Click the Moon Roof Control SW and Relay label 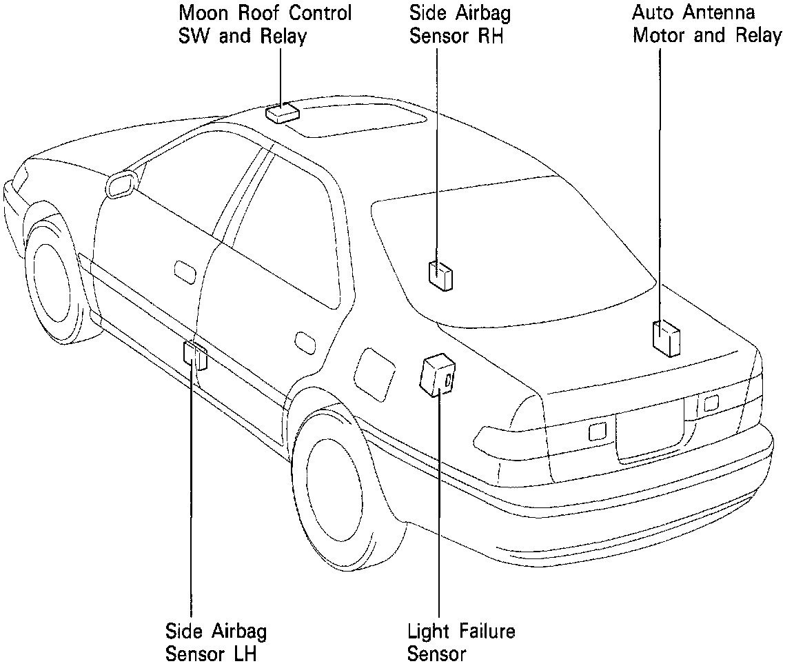[x=265, y=24]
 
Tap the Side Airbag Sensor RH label [x=460, y=24]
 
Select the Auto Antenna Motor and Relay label [x=707, y=24]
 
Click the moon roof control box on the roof [x=281, y=114]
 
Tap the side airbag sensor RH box [x=440, y=275]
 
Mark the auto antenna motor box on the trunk [x=666, y=338]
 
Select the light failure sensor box [x=437, y=376]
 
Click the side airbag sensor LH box [x=194, y=354]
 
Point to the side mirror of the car [x=121, y=185]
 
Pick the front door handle [x=185, y=270]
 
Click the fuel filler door [x=374, y=372]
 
